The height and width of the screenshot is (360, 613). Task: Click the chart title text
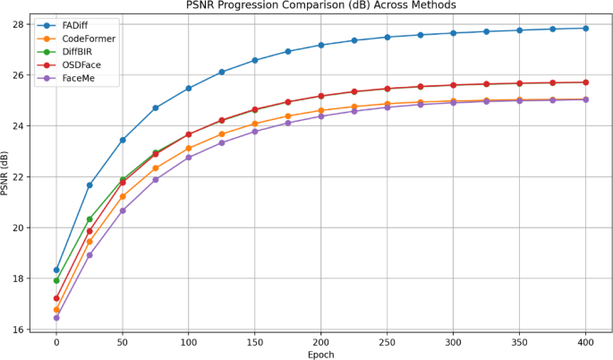click(321, 6)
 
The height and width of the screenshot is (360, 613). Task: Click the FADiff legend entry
click(76, 26)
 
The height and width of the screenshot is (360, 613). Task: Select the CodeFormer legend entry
click(88, 39)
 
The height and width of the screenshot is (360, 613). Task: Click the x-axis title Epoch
click(321, 353)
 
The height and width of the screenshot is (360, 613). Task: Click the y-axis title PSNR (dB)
click(7, 176)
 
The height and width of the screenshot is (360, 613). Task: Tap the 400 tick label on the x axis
click(586, 341)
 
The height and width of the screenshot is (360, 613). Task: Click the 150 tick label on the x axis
click(255, 341)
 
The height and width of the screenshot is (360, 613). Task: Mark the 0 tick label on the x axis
click(56, 341)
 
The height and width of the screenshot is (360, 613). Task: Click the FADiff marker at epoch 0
click(56, 270)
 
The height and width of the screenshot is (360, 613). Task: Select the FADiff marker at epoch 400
click(586, 28)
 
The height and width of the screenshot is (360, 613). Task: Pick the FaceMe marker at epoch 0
click(56, 318)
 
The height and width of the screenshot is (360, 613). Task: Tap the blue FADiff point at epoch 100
click(189, 88)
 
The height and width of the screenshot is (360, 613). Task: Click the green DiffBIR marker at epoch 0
click(56, 280)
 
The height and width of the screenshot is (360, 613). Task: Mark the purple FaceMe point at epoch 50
click(123, 210)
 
